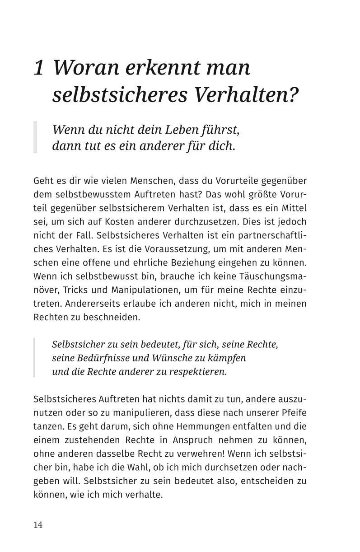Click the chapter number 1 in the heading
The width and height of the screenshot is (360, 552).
coord(39,68)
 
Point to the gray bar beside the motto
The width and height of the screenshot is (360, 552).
coord(35,137)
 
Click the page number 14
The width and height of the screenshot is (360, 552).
coord(38,524)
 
